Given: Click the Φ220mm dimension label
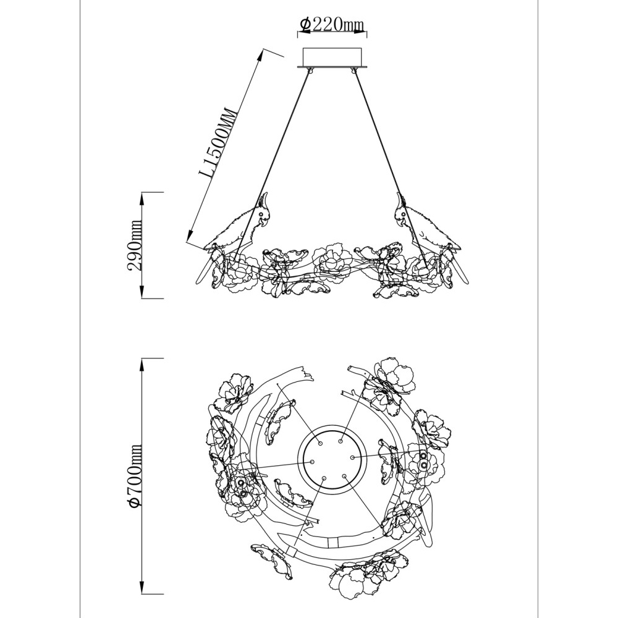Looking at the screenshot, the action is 331,25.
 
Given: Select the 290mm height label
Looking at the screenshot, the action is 135,245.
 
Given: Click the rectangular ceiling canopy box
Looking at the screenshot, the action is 331,57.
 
